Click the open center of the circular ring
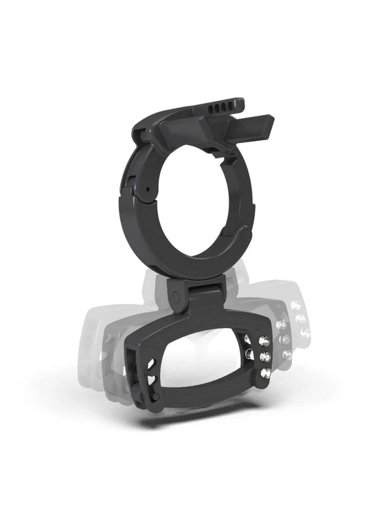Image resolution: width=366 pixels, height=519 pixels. (195, 197)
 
